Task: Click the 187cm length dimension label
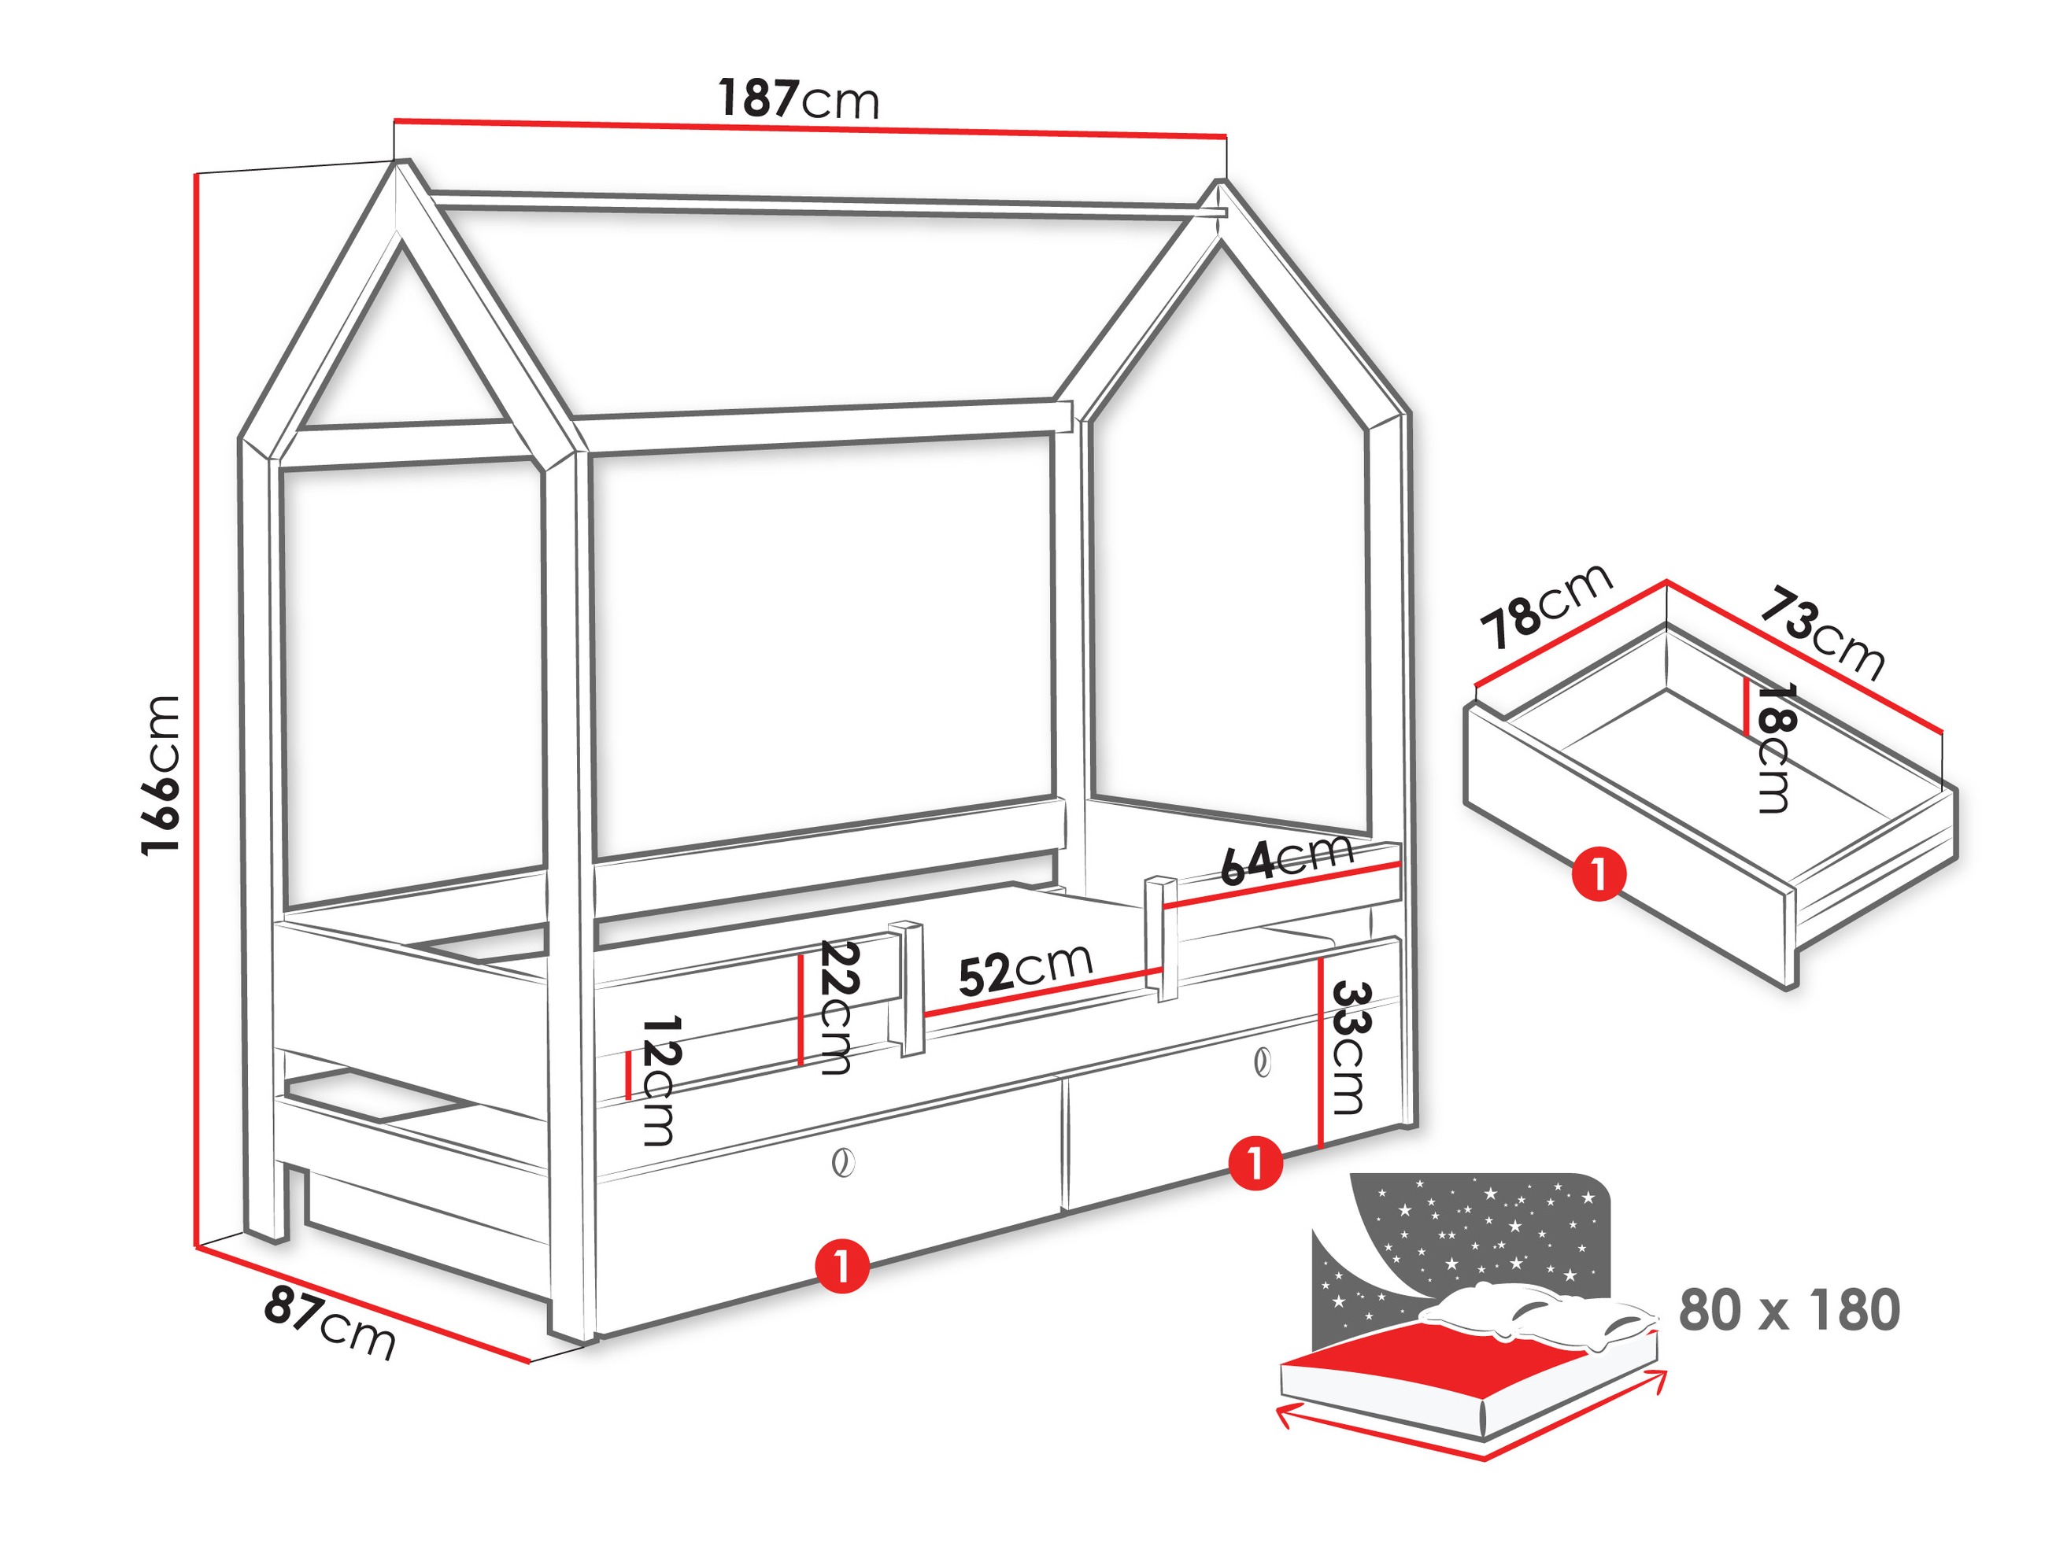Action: click(x=799, y=99)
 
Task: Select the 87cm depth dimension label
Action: click(x=330, y=1321)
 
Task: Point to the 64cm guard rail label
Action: click(x=1287, y=861)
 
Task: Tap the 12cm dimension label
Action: click(x=660, y=1081)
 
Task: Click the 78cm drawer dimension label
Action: click(x=1547, y=605)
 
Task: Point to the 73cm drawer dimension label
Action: click(x=1823, y=632)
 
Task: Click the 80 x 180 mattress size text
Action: click(x=1789, y=1310)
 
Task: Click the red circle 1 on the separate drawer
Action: click(x=1599, y=874)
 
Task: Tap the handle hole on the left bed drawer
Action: click(x=842, y=1163)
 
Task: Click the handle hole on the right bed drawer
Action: click(x=1263, y=1062)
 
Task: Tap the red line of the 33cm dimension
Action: click(x=1319, y=1053)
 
